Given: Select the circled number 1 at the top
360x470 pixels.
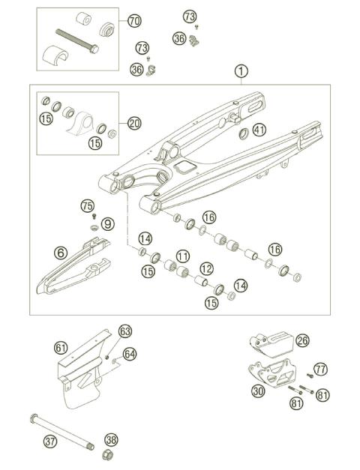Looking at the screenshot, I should point(240,71).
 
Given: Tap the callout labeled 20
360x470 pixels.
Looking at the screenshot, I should point(133,123).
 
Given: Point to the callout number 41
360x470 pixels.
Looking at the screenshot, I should point(259,130).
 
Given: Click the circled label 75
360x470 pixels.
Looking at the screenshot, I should point(87,205).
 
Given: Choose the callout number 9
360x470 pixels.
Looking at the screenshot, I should point(107,223).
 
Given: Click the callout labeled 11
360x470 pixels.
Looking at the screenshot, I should point(183,256).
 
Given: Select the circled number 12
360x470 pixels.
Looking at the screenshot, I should point(205,268).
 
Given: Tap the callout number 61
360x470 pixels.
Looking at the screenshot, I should point(61,347).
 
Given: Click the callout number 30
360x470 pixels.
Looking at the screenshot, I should point(258,390).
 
